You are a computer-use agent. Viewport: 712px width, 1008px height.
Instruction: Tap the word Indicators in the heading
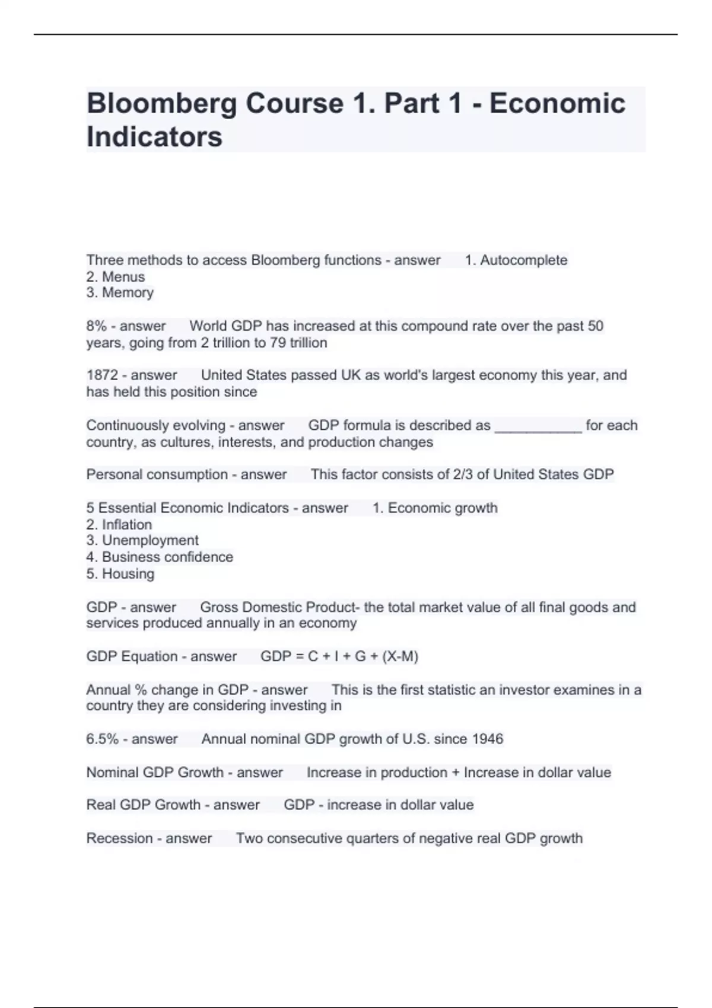[x=154, y=137]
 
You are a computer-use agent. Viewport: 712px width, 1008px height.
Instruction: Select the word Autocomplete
[x=523, y=260]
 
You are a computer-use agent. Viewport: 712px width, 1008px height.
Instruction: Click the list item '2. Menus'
[x=116, y=277]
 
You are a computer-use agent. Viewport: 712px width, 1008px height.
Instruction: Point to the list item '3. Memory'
[x=120, y=293]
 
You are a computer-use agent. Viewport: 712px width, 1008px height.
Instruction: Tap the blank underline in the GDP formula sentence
[x=538, y=427]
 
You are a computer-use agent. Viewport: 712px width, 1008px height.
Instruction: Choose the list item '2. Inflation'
[x=119, y=525]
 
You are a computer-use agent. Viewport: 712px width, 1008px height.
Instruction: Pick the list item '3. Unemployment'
[x=142, y=541]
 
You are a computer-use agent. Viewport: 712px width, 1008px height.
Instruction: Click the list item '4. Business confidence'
[x=160, y=557]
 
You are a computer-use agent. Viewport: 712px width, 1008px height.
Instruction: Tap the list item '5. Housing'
[x=120, y=574]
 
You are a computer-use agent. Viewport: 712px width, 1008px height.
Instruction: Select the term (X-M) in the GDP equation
[x=401, y=657]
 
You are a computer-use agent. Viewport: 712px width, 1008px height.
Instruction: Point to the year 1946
[x=487, y=739]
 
